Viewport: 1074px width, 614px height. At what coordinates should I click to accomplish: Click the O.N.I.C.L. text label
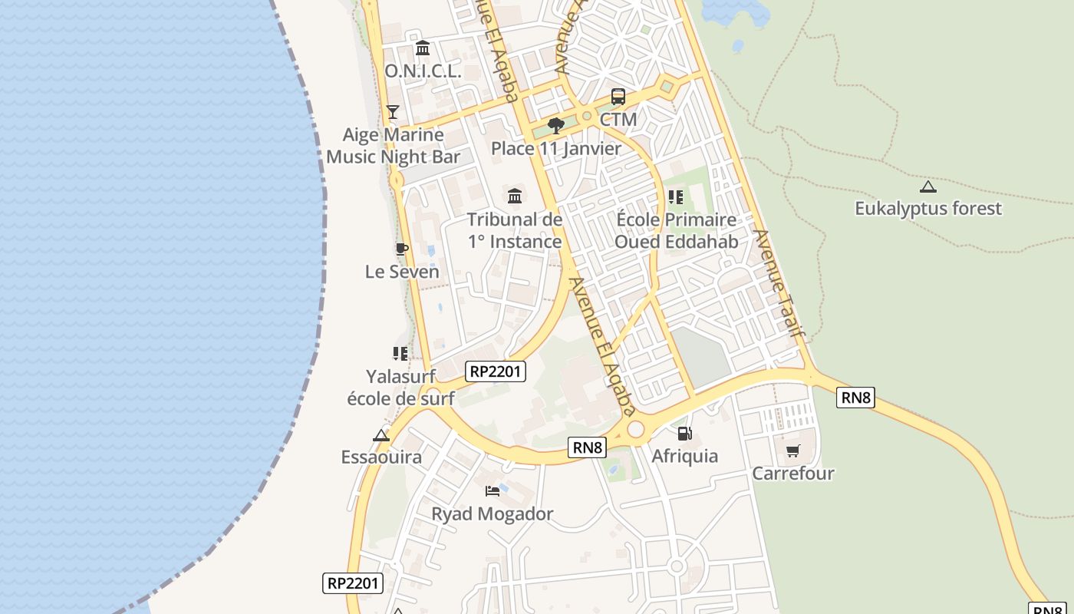[x=423, y=71]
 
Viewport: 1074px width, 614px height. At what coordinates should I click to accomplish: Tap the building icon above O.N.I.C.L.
[x=423, y=49]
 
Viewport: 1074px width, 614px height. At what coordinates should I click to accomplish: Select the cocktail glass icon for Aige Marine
[x=393, y=112]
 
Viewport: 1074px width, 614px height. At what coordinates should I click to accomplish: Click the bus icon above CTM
[x=618, y=97]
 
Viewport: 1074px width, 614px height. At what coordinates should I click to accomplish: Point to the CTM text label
[x=618, y=120]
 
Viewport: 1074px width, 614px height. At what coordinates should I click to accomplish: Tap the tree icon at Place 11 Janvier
[x=556, y=126]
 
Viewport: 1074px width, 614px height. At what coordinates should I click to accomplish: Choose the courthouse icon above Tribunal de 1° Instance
[x=515, y=196]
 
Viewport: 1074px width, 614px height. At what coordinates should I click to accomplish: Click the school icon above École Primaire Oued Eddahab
[x=676, y=197]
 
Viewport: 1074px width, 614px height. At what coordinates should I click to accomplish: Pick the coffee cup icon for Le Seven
[x=402, y=249]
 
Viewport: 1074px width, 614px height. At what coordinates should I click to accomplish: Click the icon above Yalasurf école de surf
[x=400, y=353]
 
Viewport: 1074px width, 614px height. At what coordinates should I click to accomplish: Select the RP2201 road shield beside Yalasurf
[x=496, y=371]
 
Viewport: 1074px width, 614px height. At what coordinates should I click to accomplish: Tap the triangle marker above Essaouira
[x=381, y=435]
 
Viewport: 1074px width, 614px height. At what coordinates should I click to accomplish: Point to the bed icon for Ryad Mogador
[x=493, y=490]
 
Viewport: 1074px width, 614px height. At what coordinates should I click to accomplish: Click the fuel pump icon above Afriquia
[x=685, y=434]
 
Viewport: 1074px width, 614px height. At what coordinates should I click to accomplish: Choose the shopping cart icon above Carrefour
[x=793, y=451]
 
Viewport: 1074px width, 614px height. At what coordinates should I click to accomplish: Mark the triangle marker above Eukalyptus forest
[x=928, y=186]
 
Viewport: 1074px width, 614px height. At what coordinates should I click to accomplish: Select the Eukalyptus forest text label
[x=928, y=208]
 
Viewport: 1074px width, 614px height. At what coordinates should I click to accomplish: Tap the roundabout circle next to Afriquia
[x=636, y=430]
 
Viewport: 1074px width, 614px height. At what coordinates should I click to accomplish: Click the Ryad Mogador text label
[x=493, y=513]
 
